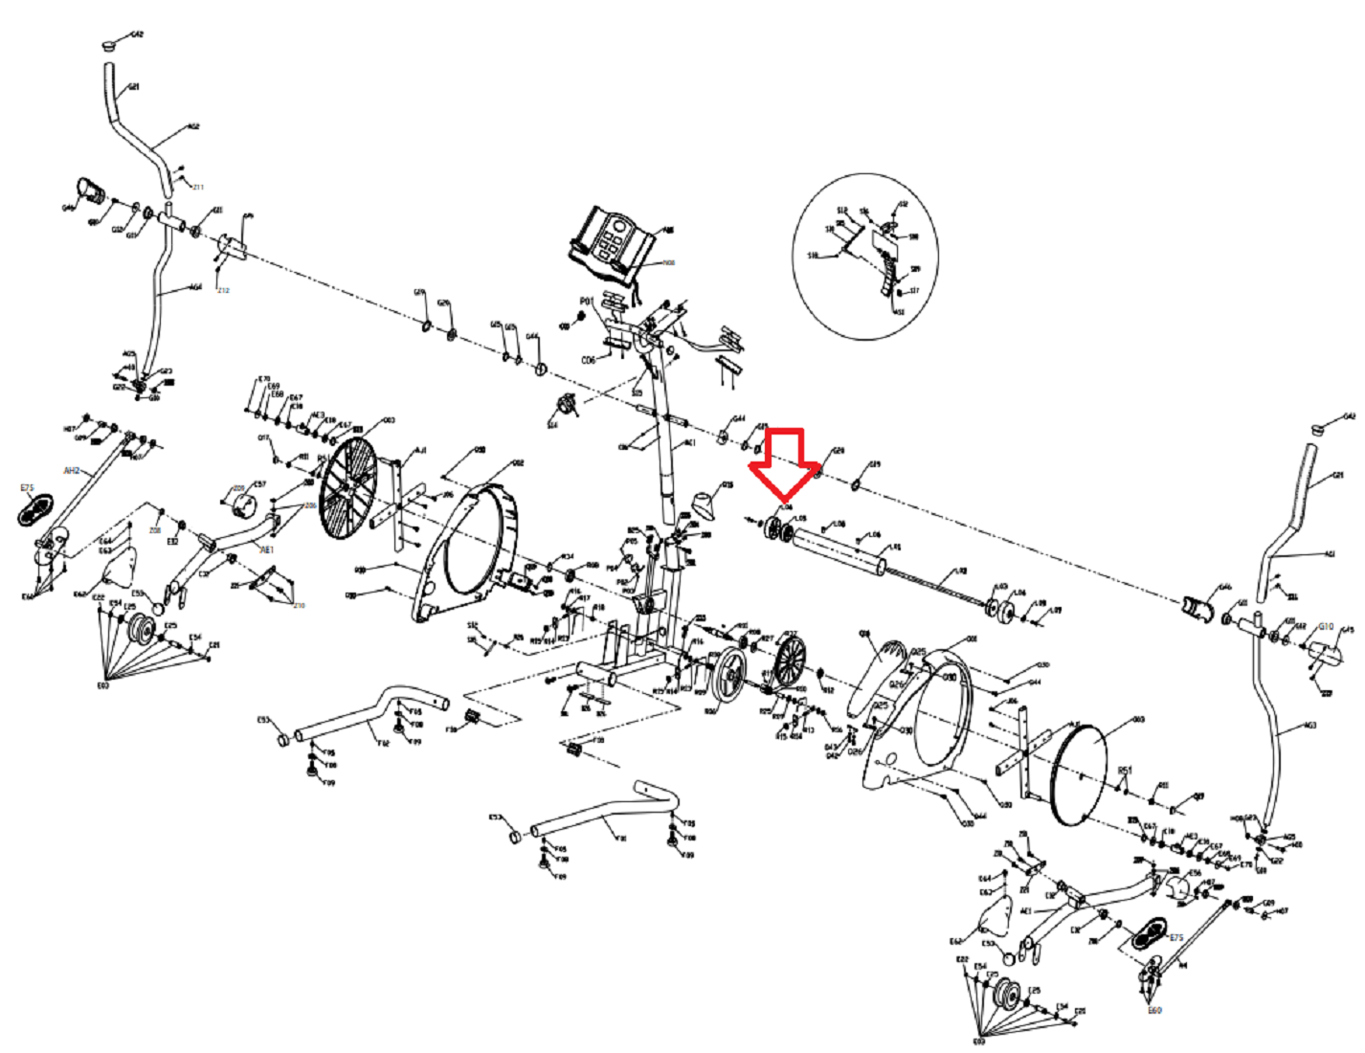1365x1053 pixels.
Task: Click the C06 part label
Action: point(589,360)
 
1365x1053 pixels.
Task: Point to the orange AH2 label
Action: point(72,471)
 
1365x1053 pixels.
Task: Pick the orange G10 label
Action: point(1326,627)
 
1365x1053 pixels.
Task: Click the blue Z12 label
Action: point(223,290)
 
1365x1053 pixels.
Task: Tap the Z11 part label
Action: point(198,187)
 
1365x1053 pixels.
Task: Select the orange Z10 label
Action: point(299,605)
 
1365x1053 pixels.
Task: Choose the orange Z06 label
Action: point(310,505)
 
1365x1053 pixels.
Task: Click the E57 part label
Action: point(259,484)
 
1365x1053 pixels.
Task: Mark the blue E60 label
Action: point(1154,1010)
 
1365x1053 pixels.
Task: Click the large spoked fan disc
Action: point(348,486)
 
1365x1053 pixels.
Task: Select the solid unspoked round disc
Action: point(1078,774)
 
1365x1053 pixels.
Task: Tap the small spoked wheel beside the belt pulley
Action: point(790,661)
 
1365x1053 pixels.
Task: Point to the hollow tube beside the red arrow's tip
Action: point(839,553)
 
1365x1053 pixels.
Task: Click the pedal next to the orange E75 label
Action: point(36,510)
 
